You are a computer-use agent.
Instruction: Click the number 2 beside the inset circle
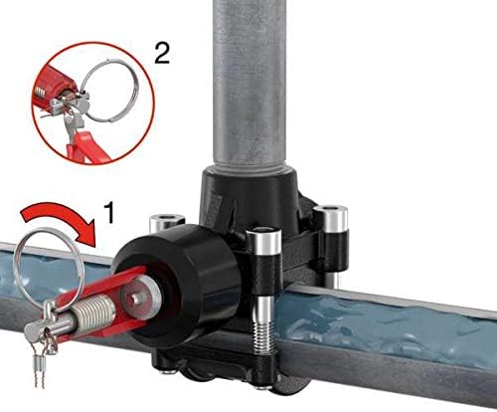tap(162, 53)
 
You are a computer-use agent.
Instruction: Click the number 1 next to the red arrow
tap(109, 212)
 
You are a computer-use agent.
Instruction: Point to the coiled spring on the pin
tap(93, 311)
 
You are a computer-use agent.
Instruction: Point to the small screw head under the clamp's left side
tap(166, 372)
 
